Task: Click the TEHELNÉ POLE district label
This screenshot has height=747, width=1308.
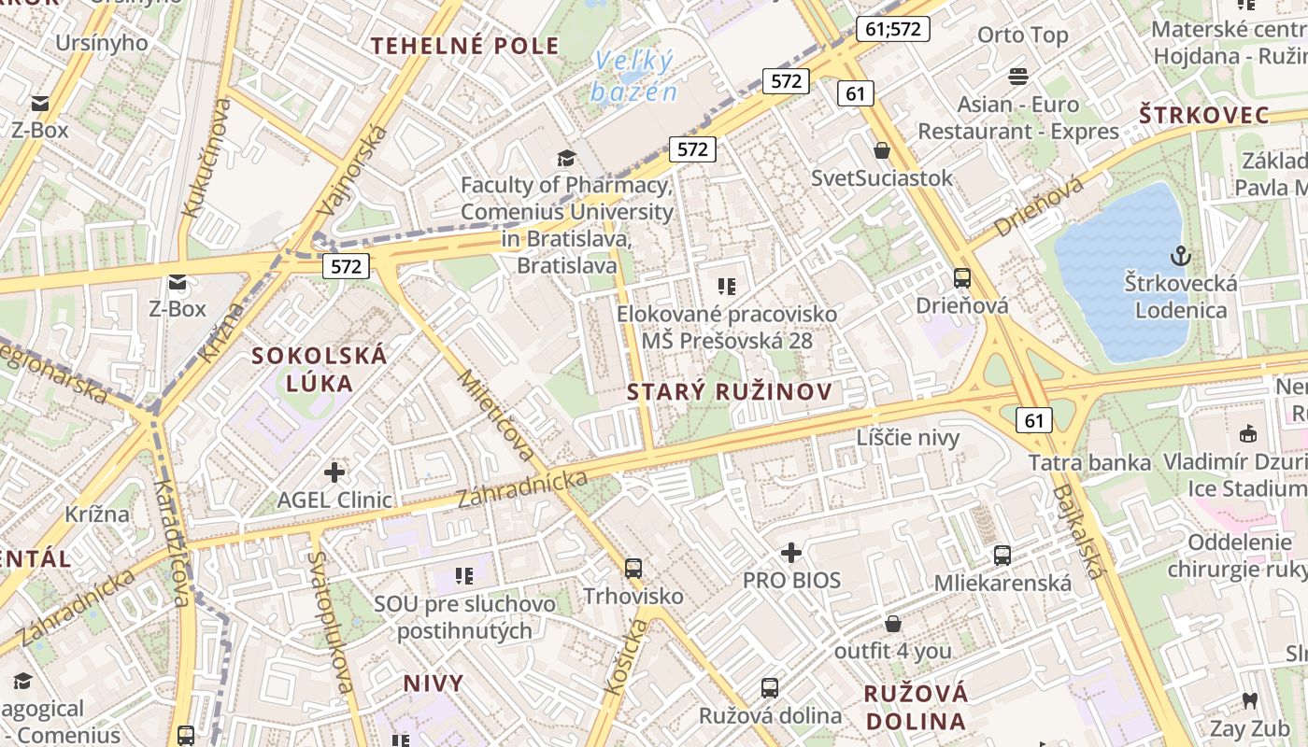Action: click(465, 46)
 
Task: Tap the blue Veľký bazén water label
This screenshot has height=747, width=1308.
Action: click(633, 77)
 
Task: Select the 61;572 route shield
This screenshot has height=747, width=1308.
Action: click(893, 29)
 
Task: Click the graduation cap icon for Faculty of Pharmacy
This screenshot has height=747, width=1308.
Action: click(566, 158)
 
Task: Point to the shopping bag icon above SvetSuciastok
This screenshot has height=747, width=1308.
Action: click(882, 150)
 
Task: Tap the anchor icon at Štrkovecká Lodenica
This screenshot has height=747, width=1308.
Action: click(1181, 254)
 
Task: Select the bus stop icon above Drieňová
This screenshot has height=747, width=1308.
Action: click(962, 277)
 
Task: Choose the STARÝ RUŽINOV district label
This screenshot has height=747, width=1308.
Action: click(729, 392)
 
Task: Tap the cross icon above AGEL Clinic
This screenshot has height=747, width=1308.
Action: click(334, 472)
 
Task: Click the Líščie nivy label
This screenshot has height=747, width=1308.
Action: click(908, 437)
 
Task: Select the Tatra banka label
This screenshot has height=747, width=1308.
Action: click(1089, 462)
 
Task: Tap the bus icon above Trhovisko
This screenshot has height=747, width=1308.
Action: click(633, 568)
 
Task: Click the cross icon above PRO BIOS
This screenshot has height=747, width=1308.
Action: click(791, 553)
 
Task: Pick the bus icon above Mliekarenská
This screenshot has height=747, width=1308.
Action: click(1002, 556)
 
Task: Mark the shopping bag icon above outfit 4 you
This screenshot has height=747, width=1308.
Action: click(893, 624)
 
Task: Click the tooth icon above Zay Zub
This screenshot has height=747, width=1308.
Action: click(1250, 700)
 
